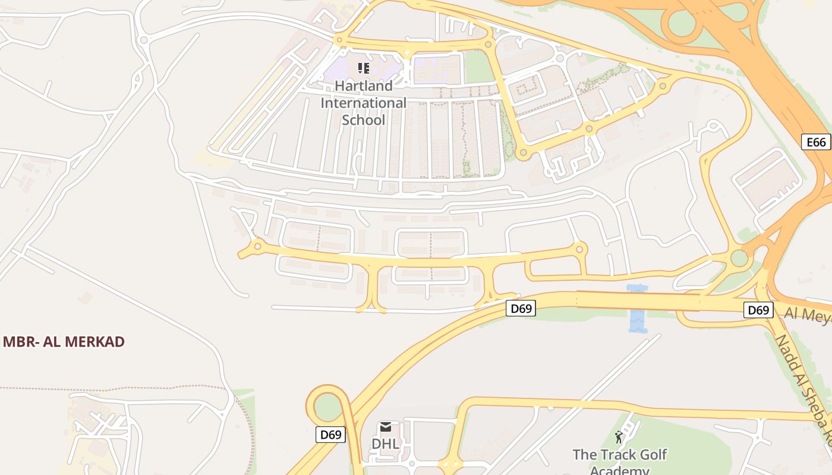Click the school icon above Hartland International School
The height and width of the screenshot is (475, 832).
pos(364,68)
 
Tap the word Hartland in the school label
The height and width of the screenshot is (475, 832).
pos(364,85)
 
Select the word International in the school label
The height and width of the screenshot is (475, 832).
pos(364,103)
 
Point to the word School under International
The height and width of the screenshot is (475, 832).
pos(364,120)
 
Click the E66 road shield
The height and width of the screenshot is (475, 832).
pos(816,142)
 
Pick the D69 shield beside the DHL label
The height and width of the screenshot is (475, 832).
pos(330,435)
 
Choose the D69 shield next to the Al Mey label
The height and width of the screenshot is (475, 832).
pos(758,310)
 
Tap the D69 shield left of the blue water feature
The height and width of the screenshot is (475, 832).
pos(521,308)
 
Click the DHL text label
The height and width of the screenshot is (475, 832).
pos(385,444)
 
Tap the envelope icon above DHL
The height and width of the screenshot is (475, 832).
pos(386,427)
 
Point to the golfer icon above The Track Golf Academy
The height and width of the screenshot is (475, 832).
pos(619,438)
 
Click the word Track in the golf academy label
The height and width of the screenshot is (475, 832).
pos(619,455)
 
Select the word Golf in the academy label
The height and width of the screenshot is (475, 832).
pos(653,455)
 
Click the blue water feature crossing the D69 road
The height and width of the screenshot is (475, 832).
pos(636,309)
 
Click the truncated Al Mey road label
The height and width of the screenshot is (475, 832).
pos(807,314)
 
